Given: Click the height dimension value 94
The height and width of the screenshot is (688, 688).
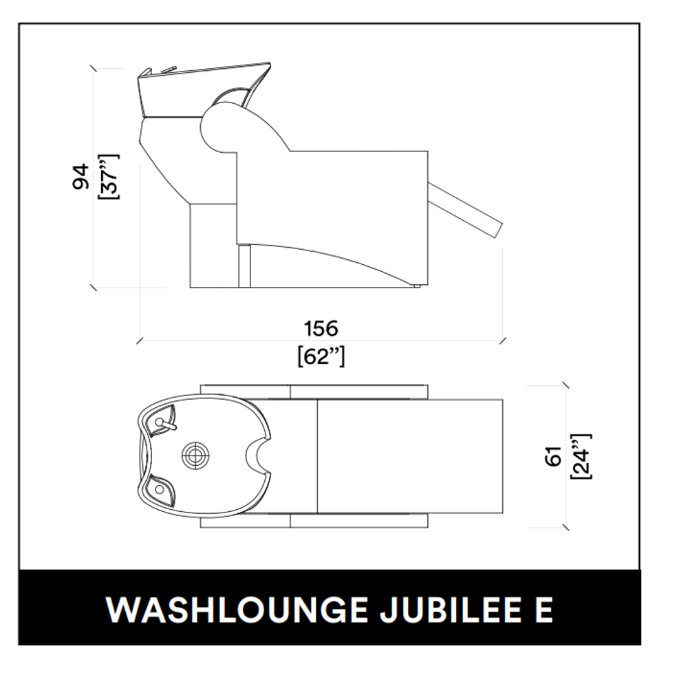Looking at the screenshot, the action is point(80,177).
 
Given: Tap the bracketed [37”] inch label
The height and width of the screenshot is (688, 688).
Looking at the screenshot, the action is point(109,177).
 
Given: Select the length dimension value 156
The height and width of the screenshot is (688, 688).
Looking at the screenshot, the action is point(321,328).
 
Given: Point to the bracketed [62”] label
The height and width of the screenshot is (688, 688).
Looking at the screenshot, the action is point(321,356).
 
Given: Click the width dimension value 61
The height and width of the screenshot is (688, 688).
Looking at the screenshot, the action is point(554,456).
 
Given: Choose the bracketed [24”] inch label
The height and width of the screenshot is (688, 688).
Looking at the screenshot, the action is point(582,456).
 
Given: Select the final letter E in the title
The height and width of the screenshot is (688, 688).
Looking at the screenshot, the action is point(544,610).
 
